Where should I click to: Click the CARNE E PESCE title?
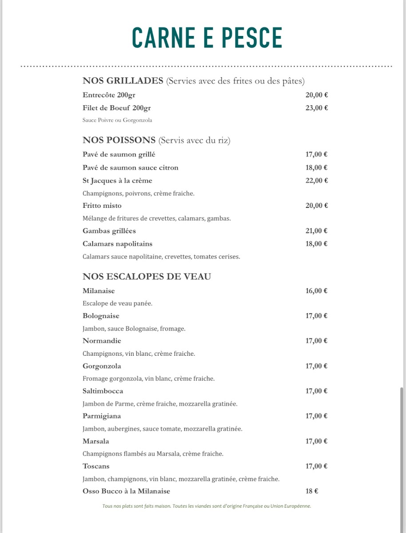pyautogui.click(x=207, y=38)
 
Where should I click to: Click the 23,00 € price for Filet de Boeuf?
pyautogui.click(x=316, y=108)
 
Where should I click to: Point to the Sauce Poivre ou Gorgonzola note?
pyautogui.click(x=117, y=120)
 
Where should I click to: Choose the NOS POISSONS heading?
pyautogui.click(x=119, y=140)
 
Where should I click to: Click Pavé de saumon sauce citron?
pyautogui.click(x=130, y=167)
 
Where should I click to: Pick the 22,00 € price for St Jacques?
pyautogui.click(x=316, y=181)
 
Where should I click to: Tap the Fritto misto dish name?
pyautogui.click(x=102, y=206)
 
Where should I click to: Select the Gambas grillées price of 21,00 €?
pyautogui.click(x=316, y=231)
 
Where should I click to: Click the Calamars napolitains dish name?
pyautogui.click(x=117, y=244)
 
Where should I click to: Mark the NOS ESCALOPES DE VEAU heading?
pyautogui.click(x=147, y=277)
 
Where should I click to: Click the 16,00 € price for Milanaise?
pyautogui.click(x=316, y=291)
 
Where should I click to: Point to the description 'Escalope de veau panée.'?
pyautogui.click(x=117, y=303)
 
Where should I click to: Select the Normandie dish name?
pyautogui.click(x=102, y=341)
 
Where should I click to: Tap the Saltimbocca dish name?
pyautogui.click(x=103, y=391)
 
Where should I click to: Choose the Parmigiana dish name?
pyautogui.click(x=102, y=416)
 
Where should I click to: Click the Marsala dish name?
pyautogui.click(x=96, y=442)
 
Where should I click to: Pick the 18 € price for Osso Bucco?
pyautogui.click(x=311, y=491)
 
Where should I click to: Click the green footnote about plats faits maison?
pyautogui.click(x=207, y=506)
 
